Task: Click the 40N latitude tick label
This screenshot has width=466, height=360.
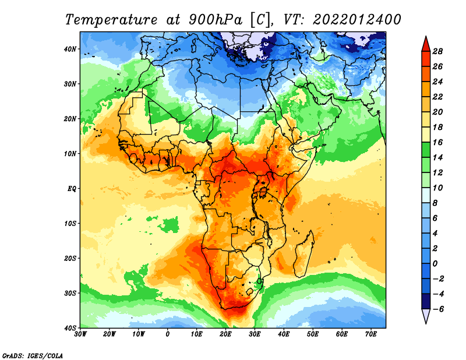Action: click(x=70, y=49)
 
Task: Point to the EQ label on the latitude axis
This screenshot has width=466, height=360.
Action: click(x=72, y=189)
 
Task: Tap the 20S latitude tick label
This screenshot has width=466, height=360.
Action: click(x=70, y=258)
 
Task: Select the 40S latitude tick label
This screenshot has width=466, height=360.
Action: click(x=70, y=328)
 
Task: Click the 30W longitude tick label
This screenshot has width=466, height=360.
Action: click(x=80, y=334)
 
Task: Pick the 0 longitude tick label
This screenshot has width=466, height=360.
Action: click(x=168, y=334)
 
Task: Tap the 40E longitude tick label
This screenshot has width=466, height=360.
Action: click(x=284, y=334)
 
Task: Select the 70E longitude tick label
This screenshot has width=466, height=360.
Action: click(x=371, y=334)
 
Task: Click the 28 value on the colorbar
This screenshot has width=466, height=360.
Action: click(x=437, y=51)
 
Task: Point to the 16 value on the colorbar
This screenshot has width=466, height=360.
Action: click(x=437, y=142)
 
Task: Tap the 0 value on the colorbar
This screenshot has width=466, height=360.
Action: click(x=435, y=264)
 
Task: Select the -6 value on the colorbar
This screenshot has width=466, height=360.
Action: click(x=439, y=309)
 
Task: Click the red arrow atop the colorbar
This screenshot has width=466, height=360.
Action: click(x=426, y=45)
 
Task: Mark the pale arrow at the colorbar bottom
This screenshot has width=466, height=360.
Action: click(x=426, y=315)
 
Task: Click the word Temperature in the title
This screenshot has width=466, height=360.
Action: click(x=111, y=20)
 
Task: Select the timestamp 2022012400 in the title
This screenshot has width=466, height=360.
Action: click(x=356, y=20)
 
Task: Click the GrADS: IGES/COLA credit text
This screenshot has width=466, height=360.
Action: click(x=33, y=355)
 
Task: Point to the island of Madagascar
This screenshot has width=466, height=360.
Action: click(x=303, y=254)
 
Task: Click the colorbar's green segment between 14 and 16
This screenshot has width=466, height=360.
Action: click(x=426, y=150)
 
